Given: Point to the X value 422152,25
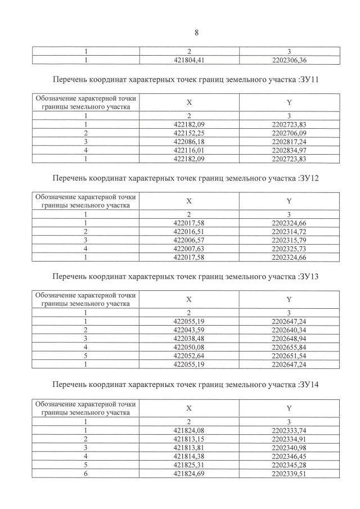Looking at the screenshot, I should coord(189,132).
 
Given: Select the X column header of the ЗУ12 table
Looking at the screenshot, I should coord(189,201).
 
